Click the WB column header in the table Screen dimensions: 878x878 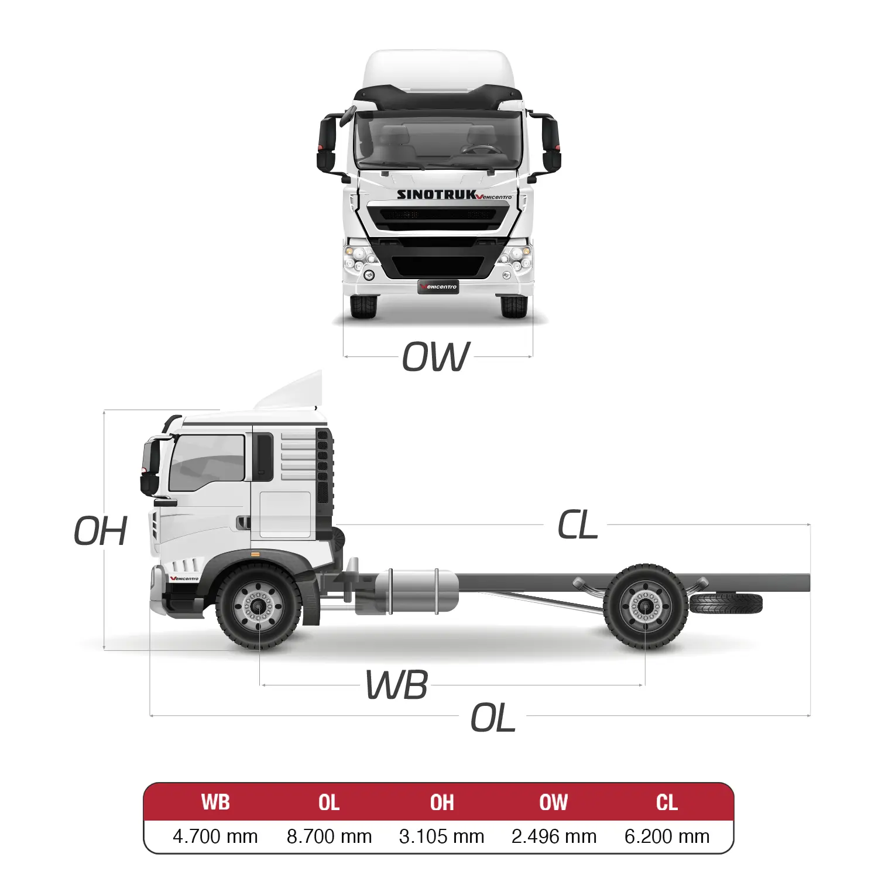point(215,802)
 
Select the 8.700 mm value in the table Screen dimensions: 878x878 point(329,836)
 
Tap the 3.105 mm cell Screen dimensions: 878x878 point(441,836)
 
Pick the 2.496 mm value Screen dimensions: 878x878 point(554,836)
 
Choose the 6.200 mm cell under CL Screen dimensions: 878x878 point(667,836)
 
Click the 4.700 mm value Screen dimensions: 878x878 point(215,836)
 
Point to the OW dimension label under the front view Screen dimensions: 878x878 point(436,356)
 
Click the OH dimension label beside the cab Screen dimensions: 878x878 point(101,531)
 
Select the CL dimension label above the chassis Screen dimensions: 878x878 point(577,524)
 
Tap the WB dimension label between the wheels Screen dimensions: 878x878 point(397,685)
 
